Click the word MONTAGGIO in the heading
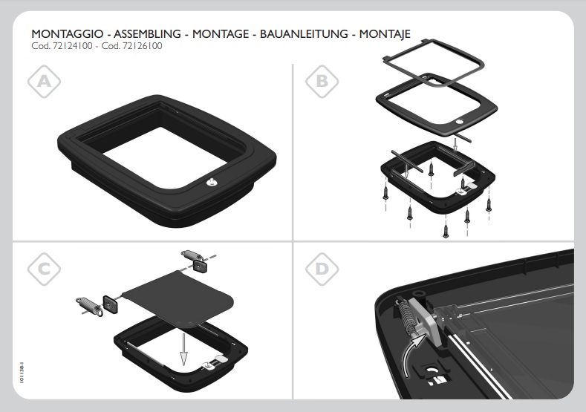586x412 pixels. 68,34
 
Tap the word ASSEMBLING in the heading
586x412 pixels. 147,34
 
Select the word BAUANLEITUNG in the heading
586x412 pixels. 304,34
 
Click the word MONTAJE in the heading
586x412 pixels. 385,34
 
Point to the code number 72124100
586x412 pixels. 71,46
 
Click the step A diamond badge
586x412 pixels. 44,82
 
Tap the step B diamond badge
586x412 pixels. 322,82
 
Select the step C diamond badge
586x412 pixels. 44,269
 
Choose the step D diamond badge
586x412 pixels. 322,269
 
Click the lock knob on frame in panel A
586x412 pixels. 210,182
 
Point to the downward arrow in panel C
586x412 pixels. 183,349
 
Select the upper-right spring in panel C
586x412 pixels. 192,256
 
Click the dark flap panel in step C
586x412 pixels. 178,296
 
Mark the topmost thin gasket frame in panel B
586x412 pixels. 434,62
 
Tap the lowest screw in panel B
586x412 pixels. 446,230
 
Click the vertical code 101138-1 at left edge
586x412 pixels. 22,372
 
